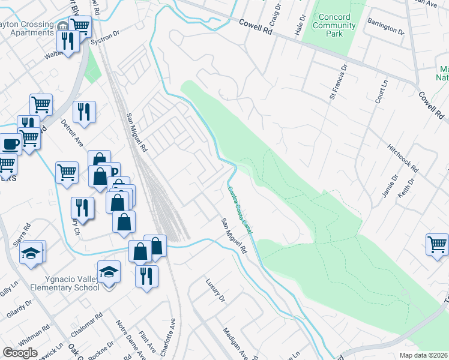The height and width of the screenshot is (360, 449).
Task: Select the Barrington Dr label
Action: tap(387, 28)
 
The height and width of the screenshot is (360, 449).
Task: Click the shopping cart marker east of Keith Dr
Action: tap(437, 244)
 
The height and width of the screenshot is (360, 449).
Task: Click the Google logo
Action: tap(20, 353)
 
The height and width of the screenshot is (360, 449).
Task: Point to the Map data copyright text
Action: tap(422, 355)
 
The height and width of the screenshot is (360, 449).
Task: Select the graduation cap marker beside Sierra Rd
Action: tap(31, 252)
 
